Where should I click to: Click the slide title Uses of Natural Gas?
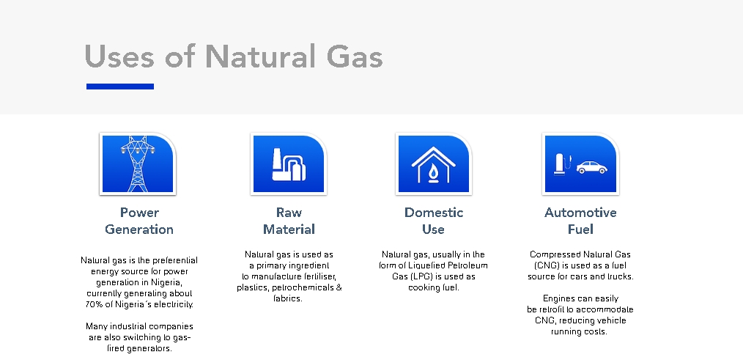(234, 56)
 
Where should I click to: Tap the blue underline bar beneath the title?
(120, 87)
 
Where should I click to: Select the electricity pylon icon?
(138, 164)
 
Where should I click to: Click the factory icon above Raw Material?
(289, 164)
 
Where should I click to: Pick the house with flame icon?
(433, 164)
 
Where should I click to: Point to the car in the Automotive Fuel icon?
(592, 167)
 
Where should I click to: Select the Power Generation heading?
(138, 221)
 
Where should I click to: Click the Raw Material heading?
(289, 221)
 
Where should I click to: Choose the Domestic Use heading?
(434, 221)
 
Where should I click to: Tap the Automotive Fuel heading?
(580, 221)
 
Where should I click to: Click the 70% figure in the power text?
(93, 304)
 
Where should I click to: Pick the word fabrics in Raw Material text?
(288, 299)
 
